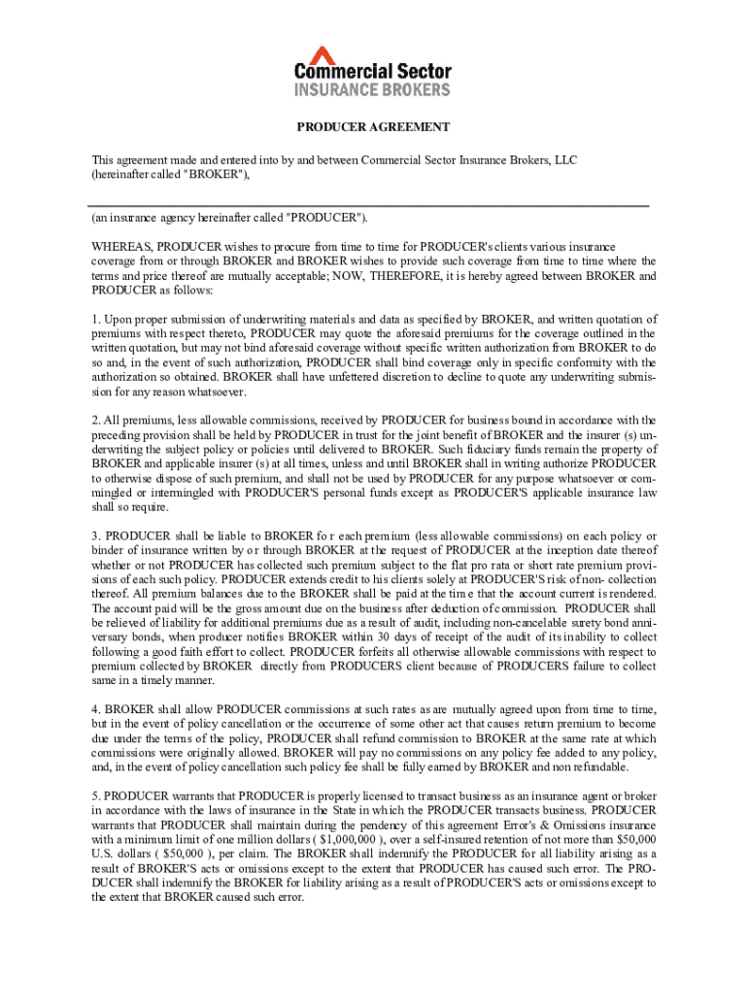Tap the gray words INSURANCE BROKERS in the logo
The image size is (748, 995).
373,89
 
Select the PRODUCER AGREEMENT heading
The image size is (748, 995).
373,127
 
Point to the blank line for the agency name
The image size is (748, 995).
369,205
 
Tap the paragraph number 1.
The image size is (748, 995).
96,320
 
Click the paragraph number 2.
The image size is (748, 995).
96,420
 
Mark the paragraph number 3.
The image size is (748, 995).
96,535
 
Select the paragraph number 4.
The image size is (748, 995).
96,709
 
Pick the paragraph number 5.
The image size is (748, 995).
96,795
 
